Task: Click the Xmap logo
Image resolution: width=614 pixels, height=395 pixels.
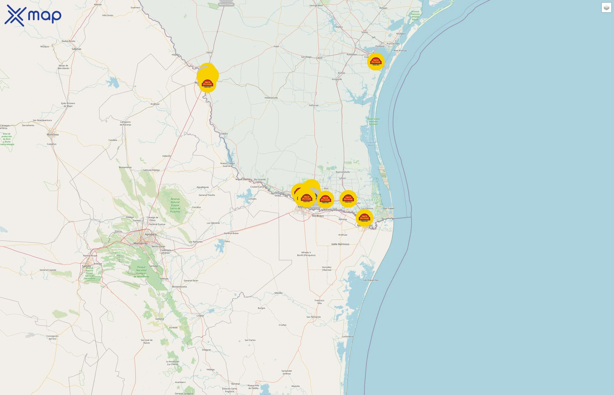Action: click(33, 16)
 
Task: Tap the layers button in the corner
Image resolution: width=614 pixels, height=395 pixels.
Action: click(606, 8)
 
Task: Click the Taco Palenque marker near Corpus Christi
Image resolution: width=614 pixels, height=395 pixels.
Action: click(376, 62)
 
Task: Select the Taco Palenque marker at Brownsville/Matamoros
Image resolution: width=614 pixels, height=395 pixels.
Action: click(364, 218)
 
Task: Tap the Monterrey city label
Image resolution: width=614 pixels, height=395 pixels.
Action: click(140, 243)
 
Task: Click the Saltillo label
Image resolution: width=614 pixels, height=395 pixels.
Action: click(86, 266)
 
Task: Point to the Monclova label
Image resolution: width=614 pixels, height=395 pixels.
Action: click(53, 134)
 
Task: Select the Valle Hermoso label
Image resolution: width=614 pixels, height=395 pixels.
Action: click(340, 244)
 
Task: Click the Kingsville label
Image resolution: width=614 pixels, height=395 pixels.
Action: click(337, 79)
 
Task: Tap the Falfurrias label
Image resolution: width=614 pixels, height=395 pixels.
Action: click(314, 105)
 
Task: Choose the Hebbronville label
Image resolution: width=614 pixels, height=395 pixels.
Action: click(271, 98)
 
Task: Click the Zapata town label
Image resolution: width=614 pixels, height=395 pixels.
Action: click(224, 134)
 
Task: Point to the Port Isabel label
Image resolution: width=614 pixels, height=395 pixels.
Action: click(389, 208)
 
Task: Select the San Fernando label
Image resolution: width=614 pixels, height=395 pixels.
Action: click(314, 317)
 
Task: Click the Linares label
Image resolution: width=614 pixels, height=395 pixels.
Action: click(200, 316)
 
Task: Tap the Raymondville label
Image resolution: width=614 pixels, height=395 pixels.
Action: click(343, 172)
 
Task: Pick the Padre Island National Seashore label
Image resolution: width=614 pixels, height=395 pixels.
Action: click(373, 122)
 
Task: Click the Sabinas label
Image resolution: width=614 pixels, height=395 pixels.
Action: click(76, 49)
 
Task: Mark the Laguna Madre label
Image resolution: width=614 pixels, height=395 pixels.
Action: click(371, 144)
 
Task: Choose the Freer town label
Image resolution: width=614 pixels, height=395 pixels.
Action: click(276, 47)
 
